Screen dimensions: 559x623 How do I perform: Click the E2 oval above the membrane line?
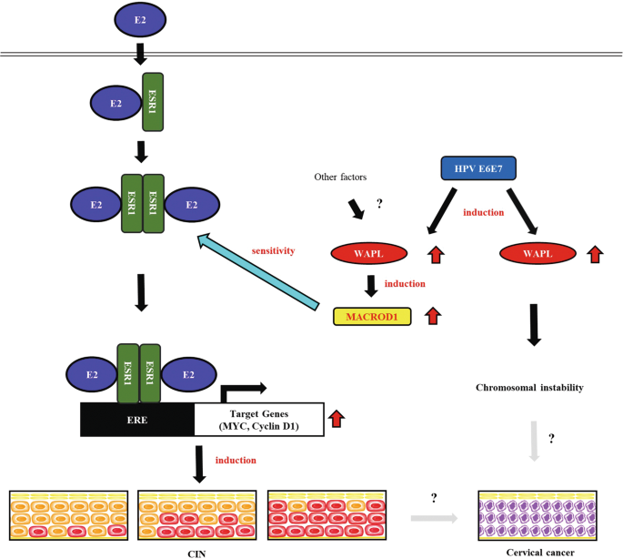140,17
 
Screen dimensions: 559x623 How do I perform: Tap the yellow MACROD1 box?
372,317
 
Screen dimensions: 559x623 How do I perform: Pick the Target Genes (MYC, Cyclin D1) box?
260,420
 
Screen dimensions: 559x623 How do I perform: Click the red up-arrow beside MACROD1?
433,316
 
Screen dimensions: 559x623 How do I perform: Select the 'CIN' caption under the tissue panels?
193,551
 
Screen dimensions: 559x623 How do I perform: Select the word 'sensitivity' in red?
274,249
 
